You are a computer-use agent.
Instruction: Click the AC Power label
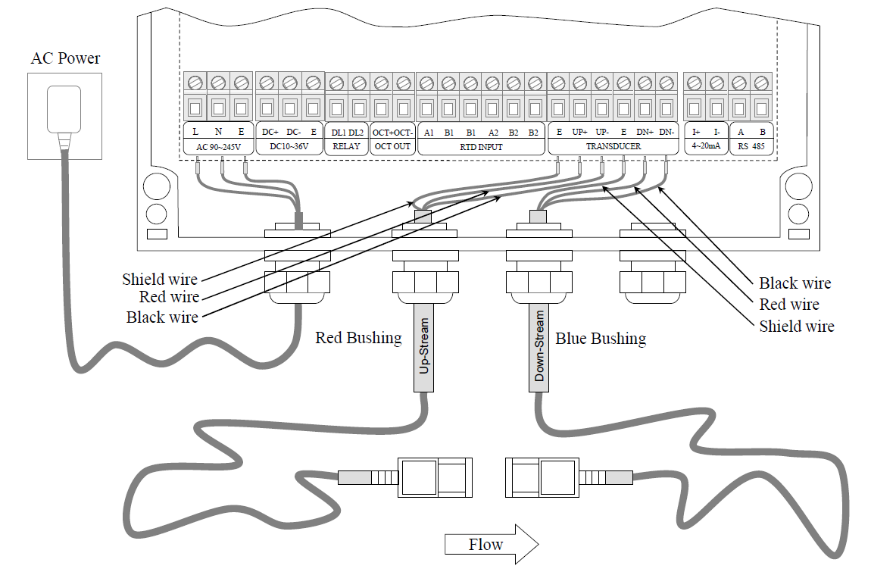[x=65, y=58]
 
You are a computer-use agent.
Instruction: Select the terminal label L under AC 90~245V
[x=195, y=132]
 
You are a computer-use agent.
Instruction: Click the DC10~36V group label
[x=290, y=146]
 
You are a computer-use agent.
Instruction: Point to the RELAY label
[x=346, y=146]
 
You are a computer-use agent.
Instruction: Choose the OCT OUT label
[x=392, y=146]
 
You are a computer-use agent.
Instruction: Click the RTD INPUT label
[x=481, y=146]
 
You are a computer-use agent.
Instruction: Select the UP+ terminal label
[x=580, y=132]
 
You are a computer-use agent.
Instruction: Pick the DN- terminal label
[x=667, y=132]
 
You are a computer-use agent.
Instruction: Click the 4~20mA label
[x=706, y=146]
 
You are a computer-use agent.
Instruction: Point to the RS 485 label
[x=752, y=146]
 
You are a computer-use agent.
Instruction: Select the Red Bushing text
[x=358, y=338]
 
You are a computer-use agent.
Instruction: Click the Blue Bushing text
[x=601, y=338]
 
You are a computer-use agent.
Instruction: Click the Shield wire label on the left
[x=160, y=280]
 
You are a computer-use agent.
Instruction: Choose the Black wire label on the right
[x=795, y=283]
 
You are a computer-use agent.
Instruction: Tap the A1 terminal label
[x=429, y=132]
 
